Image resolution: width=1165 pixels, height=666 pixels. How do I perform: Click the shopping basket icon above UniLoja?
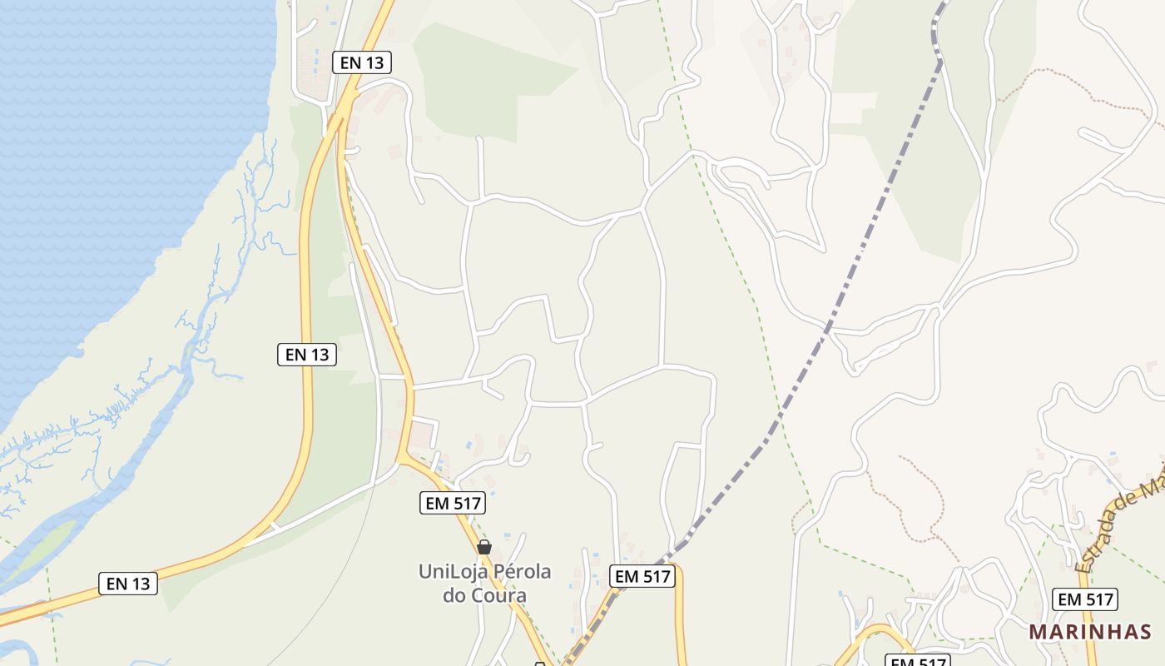(x=484, y=547)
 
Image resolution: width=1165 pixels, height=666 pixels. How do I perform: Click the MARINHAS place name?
(x=1090, y=632)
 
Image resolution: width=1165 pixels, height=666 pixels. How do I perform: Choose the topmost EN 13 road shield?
(x=361, y=62)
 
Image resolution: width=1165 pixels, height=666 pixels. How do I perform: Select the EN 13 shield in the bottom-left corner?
(x=128, y=584)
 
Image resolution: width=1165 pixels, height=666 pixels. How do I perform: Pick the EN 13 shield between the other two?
(x=307, y=355)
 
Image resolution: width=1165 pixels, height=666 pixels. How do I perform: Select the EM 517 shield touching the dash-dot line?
(x=642, y=576)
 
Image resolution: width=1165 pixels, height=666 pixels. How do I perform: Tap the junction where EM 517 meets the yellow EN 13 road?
(x=402, y=457)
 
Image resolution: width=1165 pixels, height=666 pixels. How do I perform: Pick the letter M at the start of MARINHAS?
(x=1037, y=632)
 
